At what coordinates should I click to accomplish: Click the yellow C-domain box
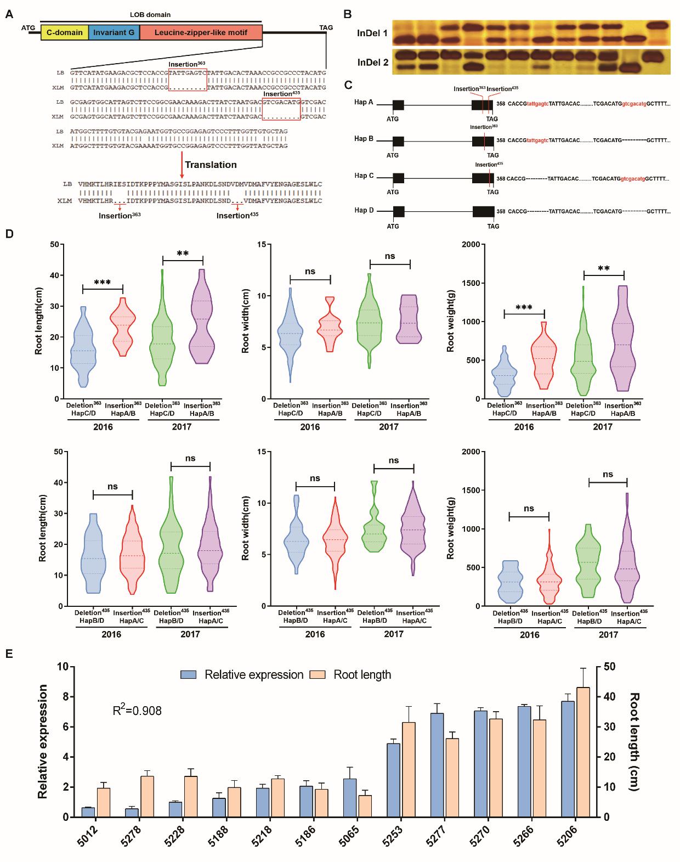pyautogui.click(x=64, y=32)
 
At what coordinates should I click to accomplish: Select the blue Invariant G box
pyautogui.click(x=114, y=32)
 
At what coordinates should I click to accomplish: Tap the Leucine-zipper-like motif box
pyautogui.click(x=201, y=32)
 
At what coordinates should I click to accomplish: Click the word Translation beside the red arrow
pyautogui.click(x=211, y=165)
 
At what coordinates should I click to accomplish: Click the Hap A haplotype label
pyautogui.click(x=364, y=102)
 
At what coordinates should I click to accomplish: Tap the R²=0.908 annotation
pyautogui.click(x=137, y=711)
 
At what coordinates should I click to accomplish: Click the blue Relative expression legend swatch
pyautogui.click(x=189, y=674)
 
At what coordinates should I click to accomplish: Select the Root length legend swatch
pyautogui.click(x=319, y=674)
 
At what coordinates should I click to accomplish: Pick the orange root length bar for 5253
pyautogui.click(x=409, y=769)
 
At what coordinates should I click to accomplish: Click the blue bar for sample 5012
pyautogui.click(x=88, y=812)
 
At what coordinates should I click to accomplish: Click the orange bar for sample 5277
pyautogui.click(x=453, y=777)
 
